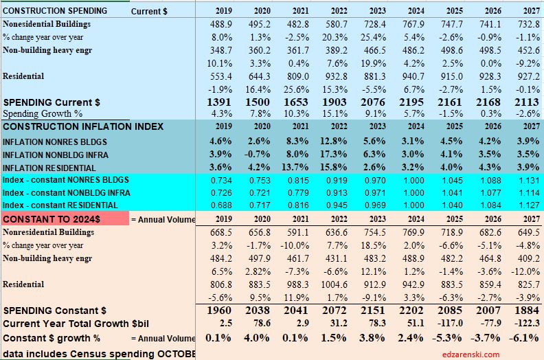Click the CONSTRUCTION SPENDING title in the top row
coord(55,10)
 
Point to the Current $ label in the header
coord(149,11)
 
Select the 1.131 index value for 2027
coord(519,180)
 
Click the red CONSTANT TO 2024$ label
coord(64,218)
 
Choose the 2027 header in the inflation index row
coord(520,127)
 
